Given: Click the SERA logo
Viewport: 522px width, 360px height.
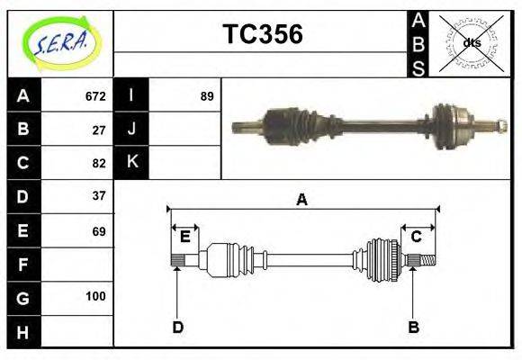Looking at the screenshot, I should [x=60, y=42].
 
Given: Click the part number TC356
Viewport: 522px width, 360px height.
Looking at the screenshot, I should [x=262, y=35].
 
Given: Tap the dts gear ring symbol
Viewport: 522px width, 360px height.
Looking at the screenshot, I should [x=471, y=42].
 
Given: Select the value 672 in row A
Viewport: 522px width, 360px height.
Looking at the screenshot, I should [x=95, y=96].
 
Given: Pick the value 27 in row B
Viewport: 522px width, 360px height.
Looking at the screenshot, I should [x=99, y=130].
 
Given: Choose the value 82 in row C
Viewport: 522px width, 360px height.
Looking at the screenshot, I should [x=99, y=164].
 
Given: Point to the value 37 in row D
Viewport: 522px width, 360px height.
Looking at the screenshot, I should [x=99, y=195].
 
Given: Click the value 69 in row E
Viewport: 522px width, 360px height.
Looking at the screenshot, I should [x=99, y=231].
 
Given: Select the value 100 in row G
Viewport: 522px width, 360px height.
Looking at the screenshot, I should [x=95, y=296].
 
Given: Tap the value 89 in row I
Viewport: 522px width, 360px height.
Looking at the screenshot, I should [x=207, y=96].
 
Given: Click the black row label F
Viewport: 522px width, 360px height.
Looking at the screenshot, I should [x=23, y=265].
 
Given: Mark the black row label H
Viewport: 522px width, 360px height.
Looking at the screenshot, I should [x=23, y=332].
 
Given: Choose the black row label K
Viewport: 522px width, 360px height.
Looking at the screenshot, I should [x=132, y=162].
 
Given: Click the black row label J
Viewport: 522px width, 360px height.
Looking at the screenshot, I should [x=132, y=130].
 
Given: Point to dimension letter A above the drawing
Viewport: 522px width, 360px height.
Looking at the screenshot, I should [x=302, y=200].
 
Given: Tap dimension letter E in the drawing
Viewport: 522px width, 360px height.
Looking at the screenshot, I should [x=184, y=237].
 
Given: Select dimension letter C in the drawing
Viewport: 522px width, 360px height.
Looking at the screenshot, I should [x=417, y=237].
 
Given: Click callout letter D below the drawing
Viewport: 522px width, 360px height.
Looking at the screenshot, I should [x=177, y=328].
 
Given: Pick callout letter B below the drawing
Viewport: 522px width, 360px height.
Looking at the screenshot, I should [x=413, y=328].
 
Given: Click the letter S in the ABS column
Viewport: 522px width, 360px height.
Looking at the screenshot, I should [x=418, y=67].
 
